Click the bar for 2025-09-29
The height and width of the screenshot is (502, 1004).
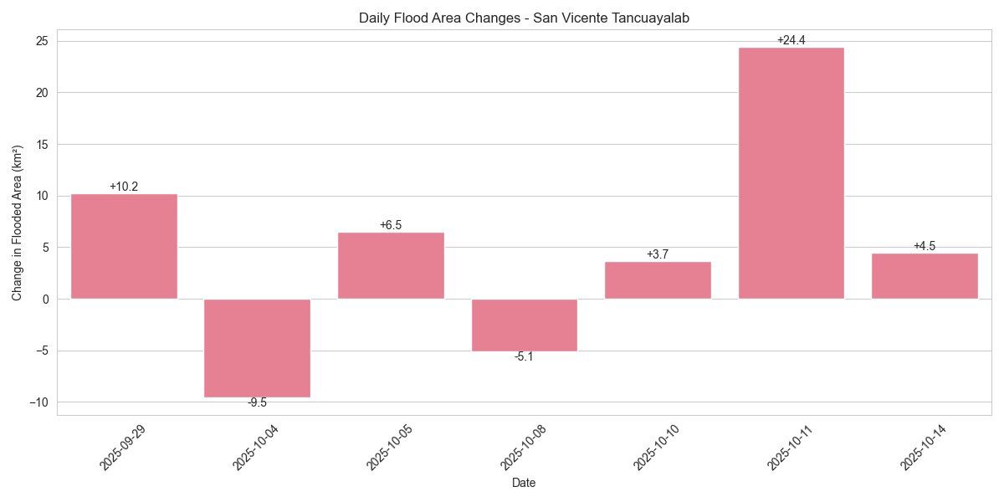tap(124, 246)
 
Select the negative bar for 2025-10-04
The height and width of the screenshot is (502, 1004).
tap(257, 348)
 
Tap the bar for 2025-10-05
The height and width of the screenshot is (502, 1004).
tap(391, 265)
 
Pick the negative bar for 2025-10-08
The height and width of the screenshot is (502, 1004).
tap(524, 325)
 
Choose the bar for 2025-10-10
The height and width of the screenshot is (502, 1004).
tap(658, 280)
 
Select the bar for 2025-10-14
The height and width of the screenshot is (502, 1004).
tap(925, 276)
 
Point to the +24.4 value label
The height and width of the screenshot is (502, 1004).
tap(791, 40)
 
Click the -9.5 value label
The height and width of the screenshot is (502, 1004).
tap(257, 403)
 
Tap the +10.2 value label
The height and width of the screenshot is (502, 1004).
tap(124, 187)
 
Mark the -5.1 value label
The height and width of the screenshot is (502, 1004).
tap(524, 357)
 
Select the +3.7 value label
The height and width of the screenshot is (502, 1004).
tap(658, 254)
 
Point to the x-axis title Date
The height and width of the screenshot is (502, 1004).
tap(524, 483)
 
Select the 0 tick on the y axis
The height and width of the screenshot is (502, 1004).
tap(46, 299)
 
